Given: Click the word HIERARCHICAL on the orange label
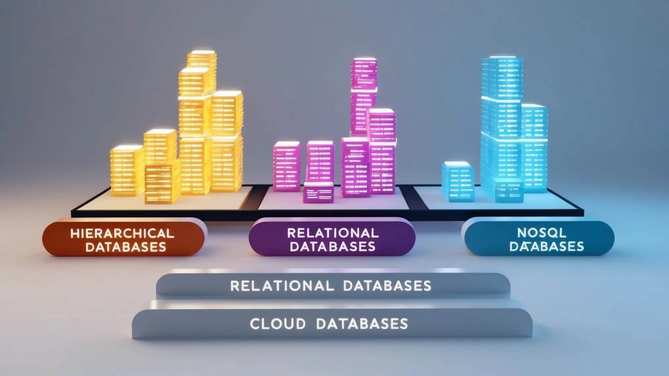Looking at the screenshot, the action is point(122,233).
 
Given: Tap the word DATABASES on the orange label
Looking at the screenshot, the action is point(126,247).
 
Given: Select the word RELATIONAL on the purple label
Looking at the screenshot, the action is point(333,233).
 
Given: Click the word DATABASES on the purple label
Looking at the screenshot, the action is point(333,247).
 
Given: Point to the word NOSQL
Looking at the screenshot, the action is point(542,233).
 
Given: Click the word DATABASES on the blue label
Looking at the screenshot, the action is point(547,247).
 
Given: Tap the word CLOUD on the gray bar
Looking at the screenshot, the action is point(278,324).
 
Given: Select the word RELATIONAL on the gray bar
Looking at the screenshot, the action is point(282,286).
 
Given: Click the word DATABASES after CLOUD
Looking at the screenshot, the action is point(362,324).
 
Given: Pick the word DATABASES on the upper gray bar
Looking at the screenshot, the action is point(387,286).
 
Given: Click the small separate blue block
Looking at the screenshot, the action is point(458,182).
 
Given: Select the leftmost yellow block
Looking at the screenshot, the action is point(126,171).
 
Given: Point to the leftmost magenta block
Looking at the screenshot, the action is point(286,166).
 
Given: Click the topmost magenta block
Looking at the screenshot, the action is point(364,74).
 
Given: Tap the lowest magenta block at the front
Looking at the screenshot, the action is point(318,193).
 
